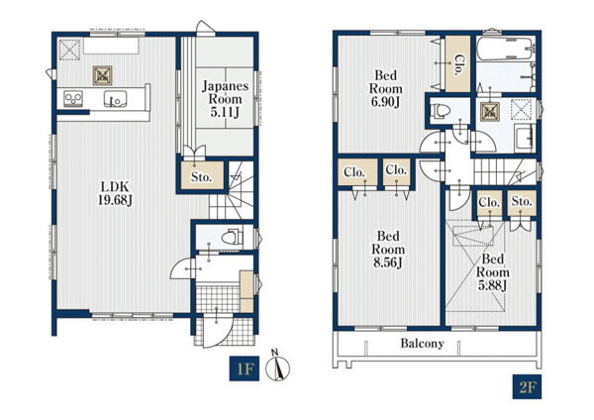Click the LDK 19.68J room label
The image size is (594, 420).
[x=116, y=193]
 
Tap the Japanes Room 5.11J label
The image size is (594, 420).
[x=226, y=99]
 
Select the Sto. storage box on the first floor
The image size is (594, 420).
[x=202, y=175]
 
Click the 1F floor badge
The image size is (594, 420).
[x=245, y=368]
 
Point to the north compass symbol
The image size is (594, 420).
[x=277, y=366]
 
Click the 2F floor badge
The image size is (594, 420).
[x=527, y=386]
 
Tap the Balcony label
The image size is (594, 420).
[x=422, y=344]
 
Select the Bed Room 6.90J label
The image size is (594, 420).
[x=386, y=89]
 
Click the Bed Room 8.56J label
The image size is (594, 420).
[x=388, y=249]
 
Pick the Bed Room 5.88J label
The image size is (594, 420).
[x=492, y=272]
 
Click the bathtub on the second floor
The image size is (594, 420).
[x=505, y=49]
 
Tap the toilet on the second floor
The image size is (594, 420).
[x=441, y=111]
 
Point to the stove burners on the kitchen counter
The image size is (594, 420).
[x=73, y=98]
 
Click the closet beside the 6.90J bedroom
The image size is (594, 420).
[x=457, y=63]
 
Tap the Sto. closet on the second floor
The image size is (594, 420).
[x=522, y=202]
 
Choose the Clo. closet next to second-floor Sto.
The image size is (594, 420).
[x=489, y=202]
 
